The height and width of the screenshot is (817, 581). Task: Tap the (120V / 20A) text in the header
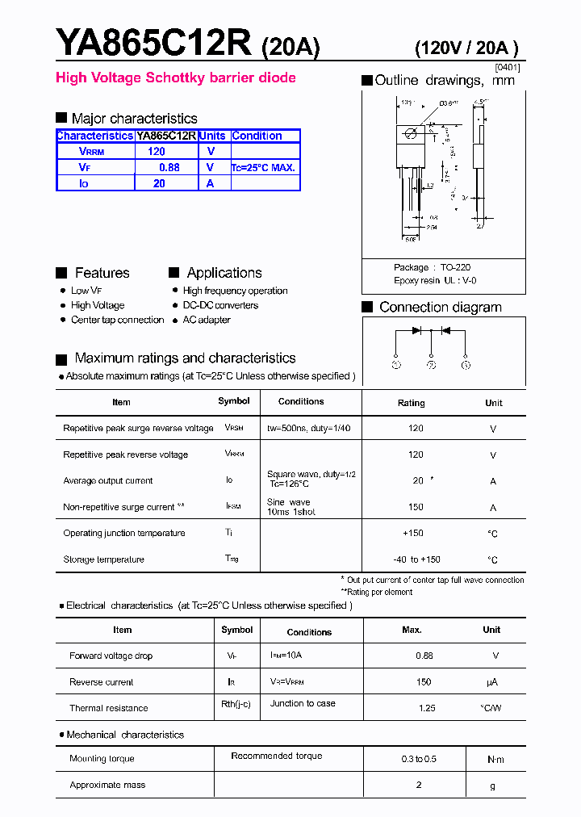point(466,48)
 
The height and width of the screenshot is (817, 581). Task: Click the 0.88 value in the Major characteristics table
point(169,167)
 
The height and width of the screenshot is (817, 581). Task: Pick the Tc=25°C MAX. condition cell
point(264,168)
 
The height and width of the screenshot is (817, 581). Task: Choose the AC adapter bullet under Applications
point(207,320)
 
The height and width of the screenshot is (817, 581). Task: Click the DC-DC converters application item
point(220,305)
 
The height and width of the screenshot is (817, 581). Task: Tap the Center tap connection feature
point(117,320)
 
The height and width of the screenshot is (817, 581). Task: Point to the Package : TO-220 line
point(432,267)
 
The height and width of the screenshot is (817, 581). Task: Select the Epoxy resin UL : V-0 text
point(435,280)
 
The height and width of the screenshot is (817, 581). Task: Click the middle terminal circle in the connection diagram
point(432,365)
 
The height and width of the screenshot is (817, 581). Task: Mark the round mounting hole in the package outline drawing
point(410,133)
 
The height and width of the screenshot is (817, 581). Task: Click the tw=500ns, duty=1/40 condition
point(309,428)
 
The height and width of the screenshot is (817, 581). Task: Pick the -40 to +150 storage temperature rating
point(416,559)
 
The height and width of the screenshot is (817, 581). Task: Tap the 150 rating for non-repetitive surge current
point(416,508)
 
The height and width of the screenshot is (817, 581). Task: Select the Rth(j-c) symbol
point(236,704)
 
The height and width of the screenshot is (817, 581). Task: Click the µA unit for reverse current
point(491,682)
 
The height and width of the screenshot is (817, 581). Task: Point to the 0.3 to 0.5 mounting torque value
point(419,759)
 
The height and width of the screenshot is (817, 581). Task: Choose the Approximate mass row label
point(107,785)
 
